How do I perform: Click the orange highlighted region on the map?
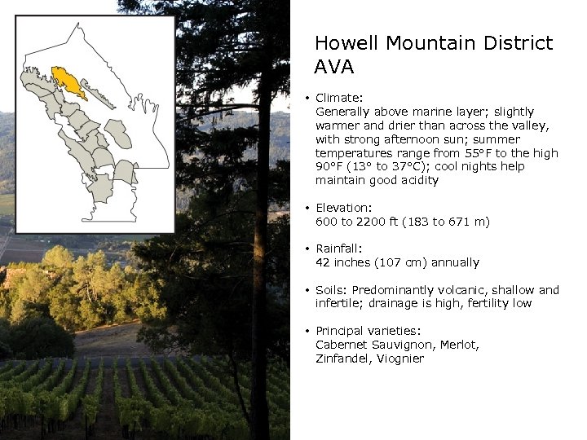[x=68, y=81]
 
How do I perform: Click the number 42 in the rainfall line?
[x=323, y=263]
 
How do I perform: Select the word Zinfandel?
[x=342, y=359]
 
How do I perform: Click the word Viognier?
[x=400, y=359]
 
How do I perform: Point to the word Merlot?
[x=460, y=345]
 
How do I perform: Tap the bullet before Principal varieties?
[x=307, y=332]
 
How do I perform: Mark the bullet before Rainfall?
[x=307, y=249]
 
